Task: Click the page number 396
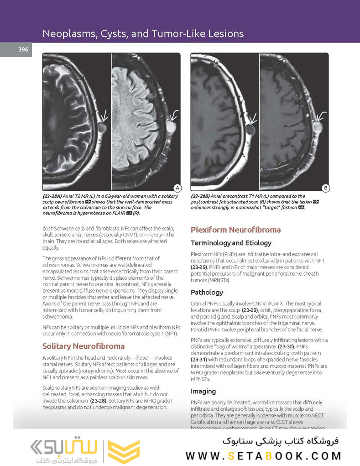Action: pyautogui.click(x=23, y=50)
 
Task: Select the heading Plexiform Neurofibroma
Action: pyautogui.click(x=235, y=230)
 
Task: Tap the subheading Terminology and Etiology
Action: pyautogui.click(x=231, y=243)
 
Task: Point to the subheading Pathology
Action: pyautogui.click(x=207, y=292)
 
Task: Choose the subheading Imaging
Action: pyautogui.click(x=203, y=391)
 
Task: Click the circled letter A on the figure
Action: pyautogui.click(x=177, y=188)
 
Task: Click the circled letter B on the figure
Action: pyautogui.click(x=325, y=188)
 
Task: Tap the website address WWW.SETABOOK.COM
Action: pyautogui.click(x=263, y=455)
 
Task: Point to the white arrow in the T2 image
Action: pyautogui.click(x=104, y=116)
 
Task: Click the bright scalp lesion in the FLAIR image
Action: pyautogui.click(x=172, y=126)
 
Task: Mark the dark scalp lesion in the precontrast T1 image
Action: pyautogui.click(x=250, y=130)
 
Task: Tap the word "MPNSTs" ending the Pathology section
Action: pyautogui.click(x=200, y=379)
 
